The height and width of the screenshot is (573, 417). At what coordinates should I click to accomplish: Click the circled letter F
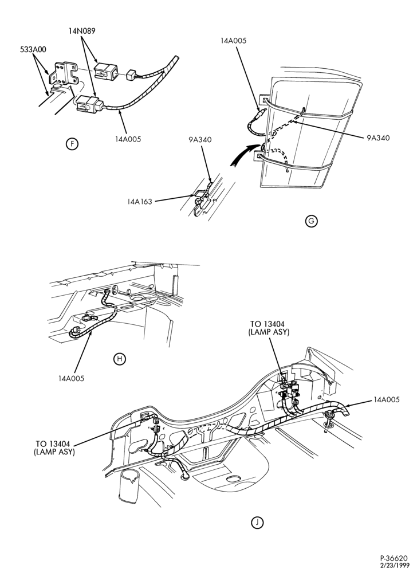72,144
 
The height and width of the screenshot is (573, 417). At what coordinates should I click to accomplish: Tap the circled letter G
311,221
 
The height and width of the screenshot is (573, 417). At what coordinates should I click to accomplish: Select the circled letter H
119,359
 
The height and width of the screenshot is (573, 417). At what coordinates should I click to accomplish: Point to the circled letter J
257,523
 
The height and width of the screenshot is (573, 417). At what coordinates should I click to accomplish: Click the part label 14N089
81,31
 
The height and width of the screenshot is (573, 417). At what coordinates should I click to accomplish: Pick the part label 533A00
33,49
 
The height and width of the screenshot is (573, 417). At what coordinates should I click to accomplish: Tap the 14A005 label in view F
128,139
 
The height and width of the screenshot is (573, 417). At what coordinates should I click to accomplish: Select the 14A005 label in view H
71,378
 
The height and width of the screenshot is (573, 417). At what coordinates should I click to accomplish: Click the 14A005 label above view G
233,41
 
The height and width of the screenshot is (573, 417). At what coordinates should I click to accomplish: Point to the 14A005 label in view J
386,399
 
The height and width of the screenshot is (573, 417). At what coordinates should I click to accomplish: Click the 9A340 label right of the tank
378,138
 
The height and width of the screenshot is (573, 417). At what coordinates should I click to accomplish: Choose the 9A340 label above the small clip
200,139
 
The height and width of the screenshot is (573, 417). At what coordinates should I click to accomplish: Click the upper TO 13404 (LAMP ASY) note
269,328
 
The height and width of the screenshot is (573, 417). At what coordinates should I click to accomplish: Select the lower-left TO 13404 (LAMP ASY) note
54,448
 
